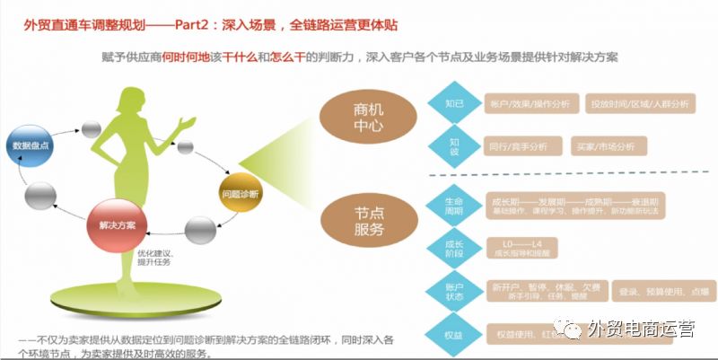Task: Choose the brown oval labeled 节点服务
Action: coord(361,219)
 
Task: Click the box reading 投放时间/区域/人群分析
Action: coord(639,104)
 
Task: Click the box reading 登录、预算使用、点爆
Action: coord(664,292)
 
